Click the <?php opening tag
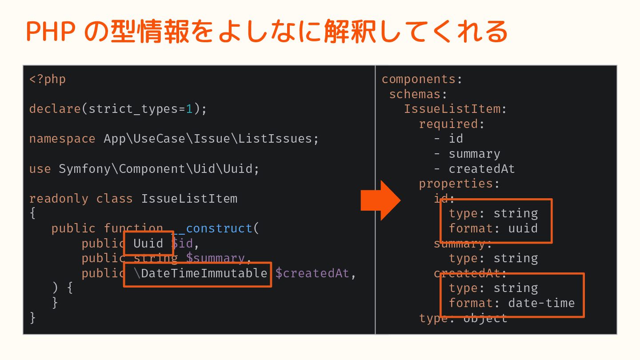click(48, 79)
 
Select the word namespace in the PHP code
click(62, 139)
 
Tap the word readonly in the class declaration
click(59, 198)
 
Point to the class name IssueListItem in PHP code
click(189, 198)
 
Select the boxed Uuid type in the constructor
click(148, 244)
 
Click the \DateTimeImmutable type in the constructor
click(200, 273)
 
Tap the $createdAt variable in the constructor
click(312, 273)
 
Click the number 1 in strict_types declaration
click(189, 109)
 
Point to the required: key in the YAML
click(452, 124)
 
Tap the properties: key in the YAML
click(459, 184)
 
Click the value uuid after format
click(523, 228)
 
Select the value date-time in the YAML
click(541, 303)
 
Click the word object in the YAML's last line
click(485, 318)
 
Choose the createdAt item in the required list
click(482, 169)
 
